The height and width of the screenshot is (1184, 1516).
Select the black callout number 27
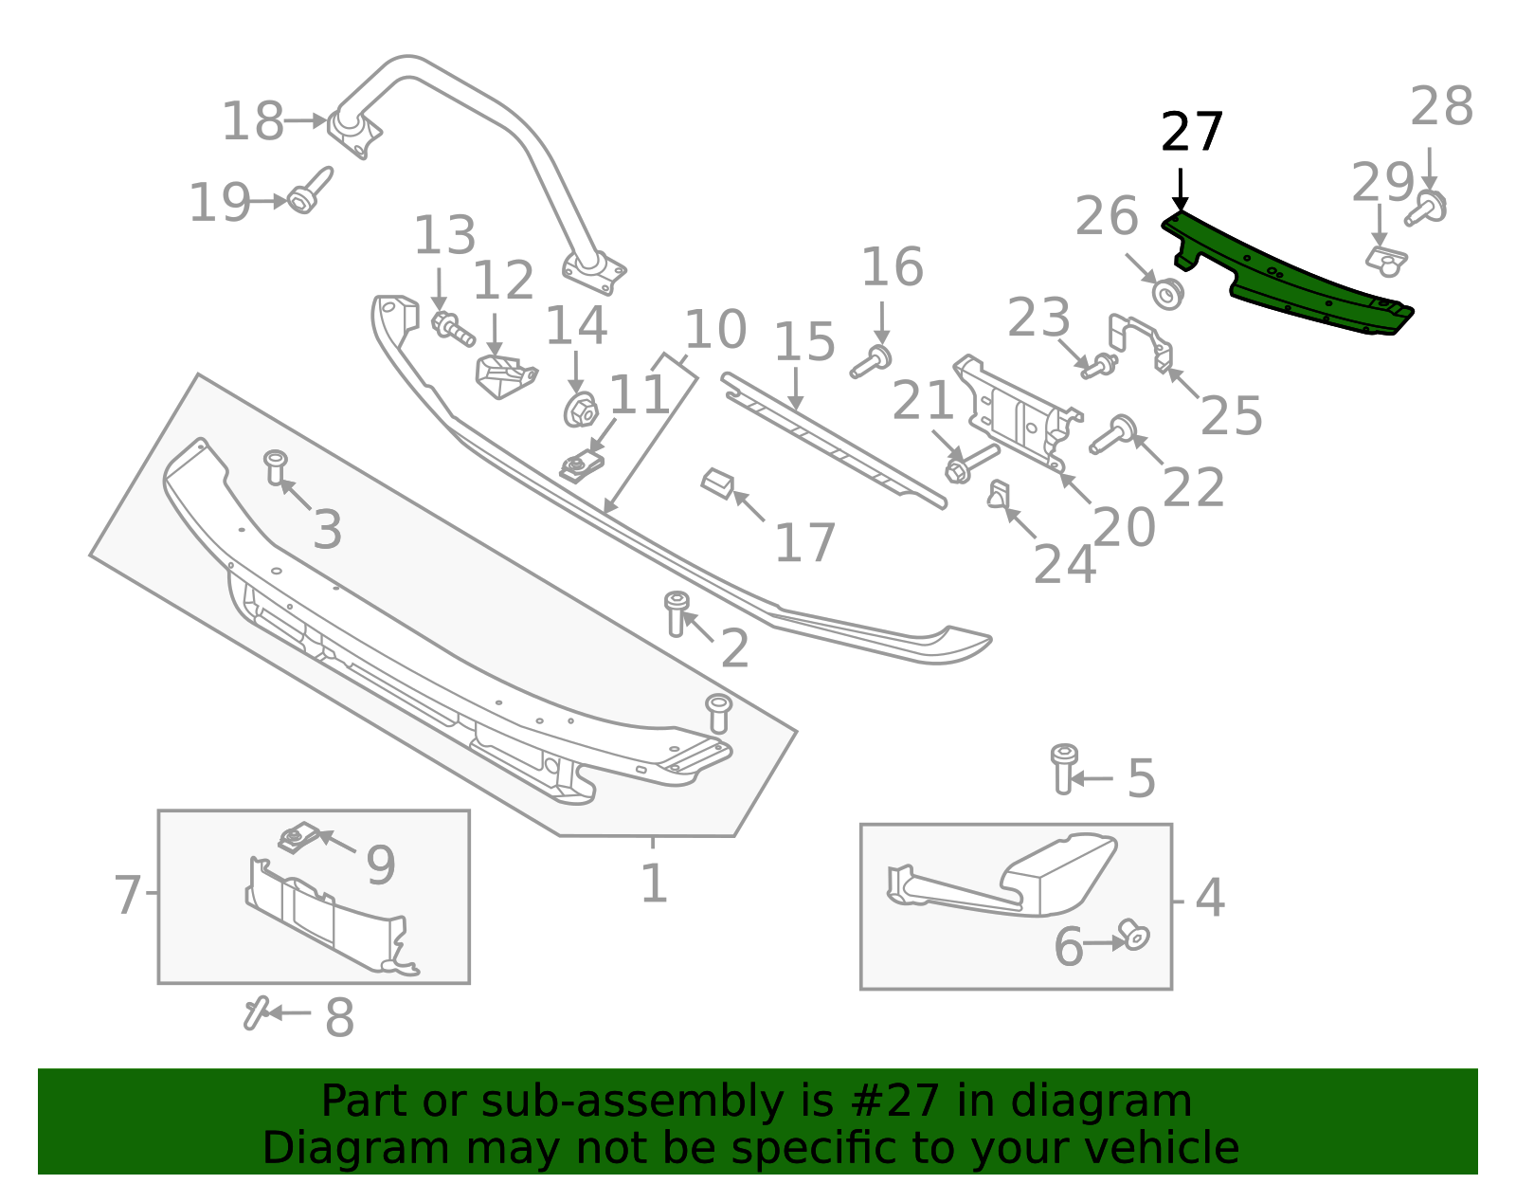(x=1192, y=132)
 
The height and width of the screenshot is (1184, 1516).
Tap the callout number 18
(x=252, y=122)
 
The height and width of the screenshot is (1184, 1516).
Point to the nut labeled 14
(x=579, y=410)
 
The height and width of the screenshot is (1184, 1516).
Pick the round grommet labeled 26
(x=1168, y=293)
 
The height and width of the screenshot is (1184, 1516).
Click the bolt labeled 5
(x=1064, y=768)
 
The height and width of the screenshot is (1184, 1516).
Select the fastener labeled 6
(x=1133, y=935)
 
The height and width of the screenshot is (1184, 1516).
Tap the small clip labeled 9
(x=298, y=838)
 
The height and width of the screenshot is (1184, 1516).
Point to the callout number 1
(x=654, y=883)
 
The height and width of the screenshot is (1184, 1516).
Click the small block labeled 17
(x=717, y=483)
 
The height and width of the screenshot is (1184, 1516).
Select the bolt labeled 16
(x=871, y=361)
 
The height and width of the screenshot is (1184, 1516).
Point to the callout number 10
(x=715, y=330)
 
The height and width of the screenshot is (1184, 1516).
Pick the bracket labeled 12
(x=503, y=373)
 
